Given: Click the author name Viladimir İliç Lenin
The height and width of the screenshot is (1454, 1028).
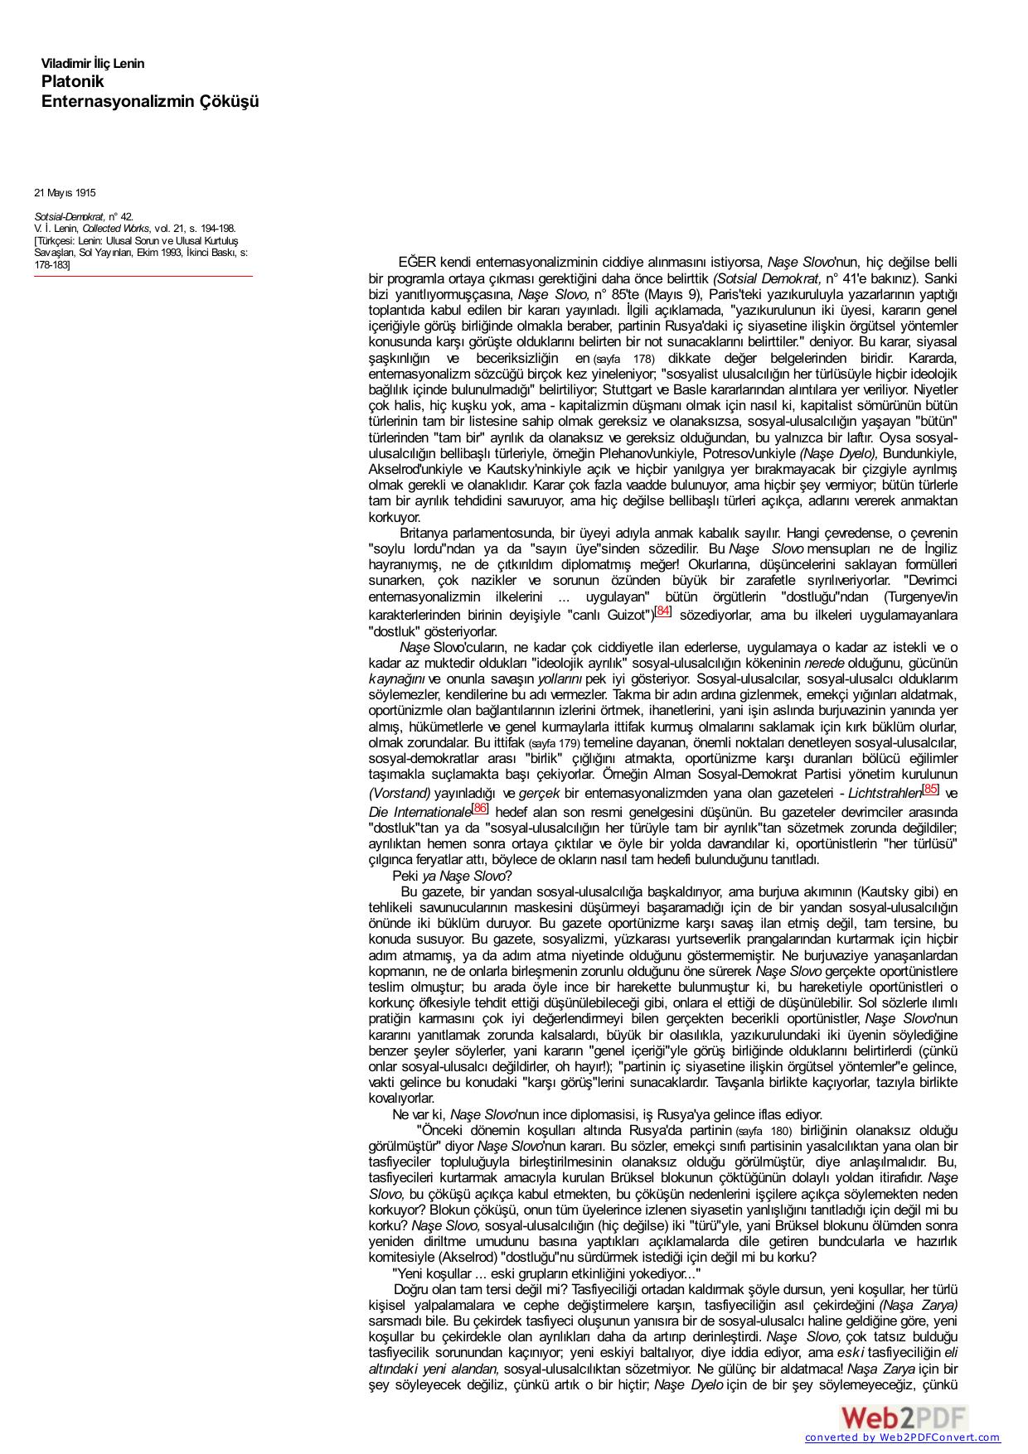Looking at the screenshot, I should pyautogui.click(x=93, y=64).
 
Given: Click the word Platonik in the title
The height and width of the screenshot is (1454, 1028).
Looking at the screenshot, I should pyautogui.click(x=73, y=81).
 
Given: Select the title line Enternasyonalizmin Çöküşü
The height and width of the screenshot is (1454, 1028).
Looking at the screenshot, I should pyautogui.click(x=150, y=101).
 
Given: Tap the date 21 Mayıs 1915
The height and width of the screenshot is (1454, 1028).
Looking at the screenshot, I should pyautogui.click(x=65, y=193).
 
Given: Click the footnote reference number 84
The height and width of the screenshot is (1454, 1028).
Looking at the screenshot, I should pyautogui.click(x=662, y=611).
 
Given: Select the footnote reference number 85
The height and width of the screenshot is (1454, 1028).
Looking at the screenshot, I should pyautogui.click(x=931, y=789).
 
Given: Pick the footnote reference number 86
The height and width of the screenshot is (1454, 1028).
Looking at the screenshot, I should pyautogui.click(x=480, y=808).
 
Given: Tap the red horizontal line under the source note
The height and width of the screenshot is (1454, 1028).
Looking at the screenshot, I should pyautogui.click(x=143, y=277).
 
